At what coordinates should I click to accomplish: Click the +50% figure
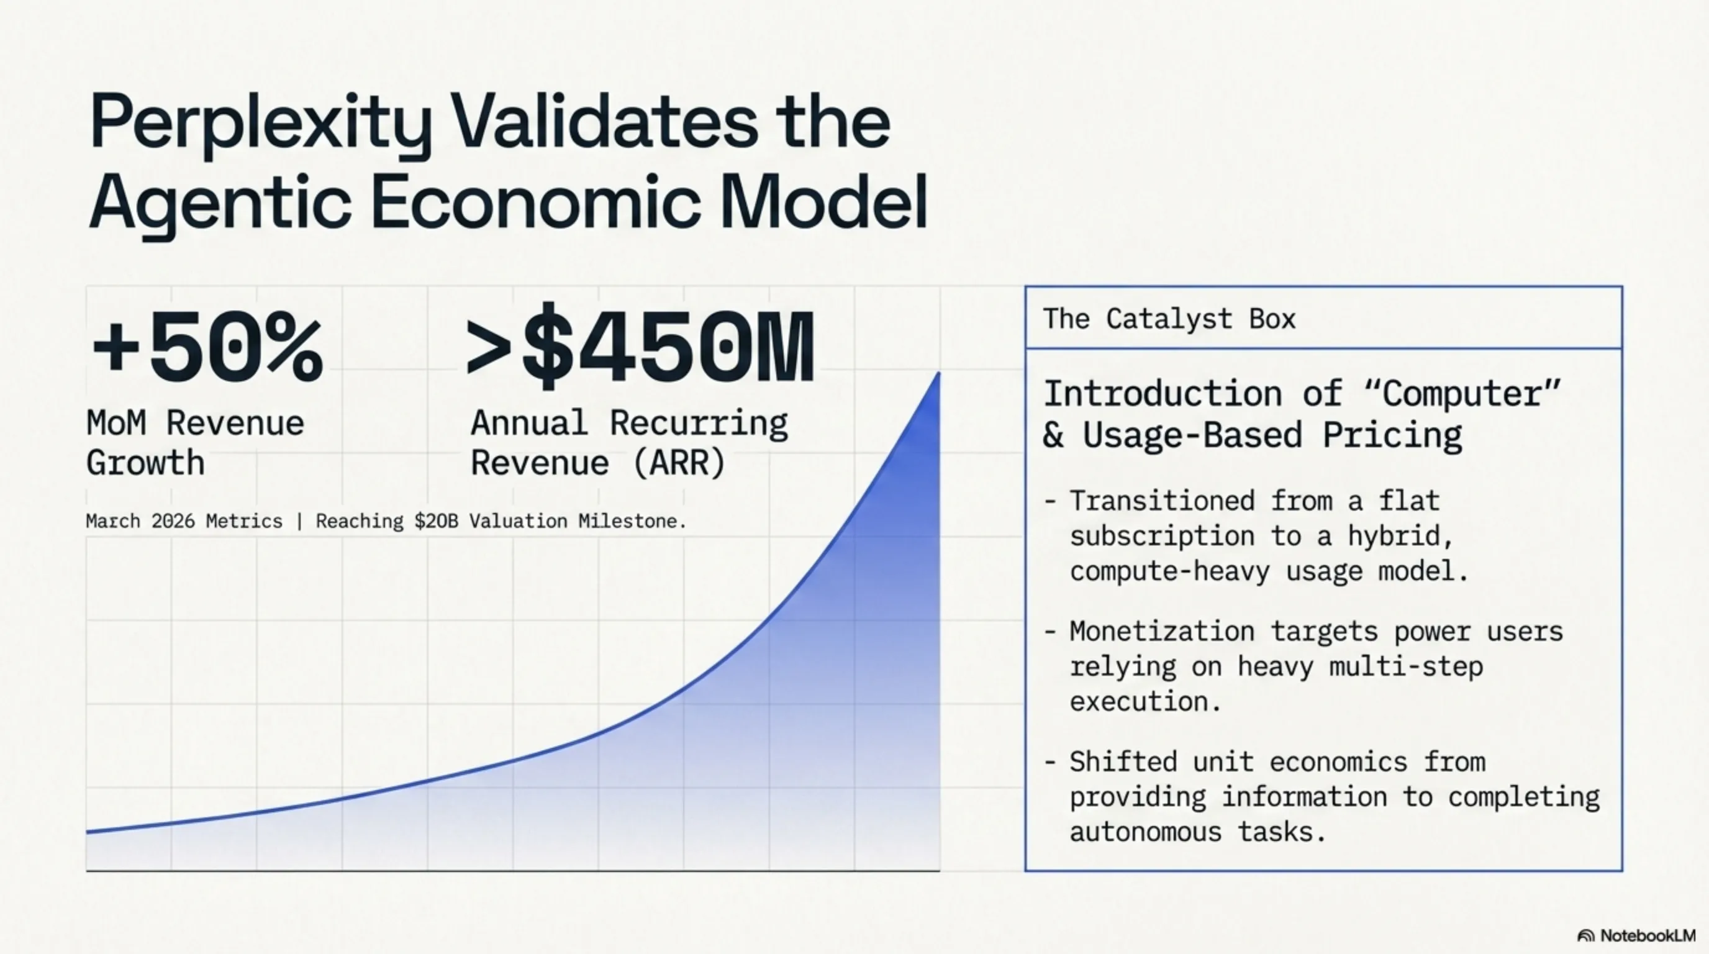(x=207, y=348)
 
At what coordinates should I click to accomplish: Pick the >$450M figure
(x=640, y=347)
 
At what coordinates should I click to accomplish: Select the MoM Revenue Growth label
(x=195, y=442)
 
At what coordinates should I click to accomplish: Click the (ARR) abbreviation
(x=679, y=463)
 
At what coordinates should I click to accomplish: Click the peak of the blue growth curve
(x=939, y=373)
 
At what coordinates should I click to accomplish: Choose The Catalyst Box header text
(x=1169, y=319)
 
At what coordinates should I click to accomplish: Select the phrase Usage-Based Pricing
(x=1272, y=435)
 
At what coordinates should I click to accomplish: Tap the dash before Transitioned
(x=1049, y=501)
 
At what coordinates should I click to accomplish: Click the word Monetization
(x=1162, y=631)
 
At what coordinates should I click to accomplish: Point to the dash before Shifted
(x=1049, y=761)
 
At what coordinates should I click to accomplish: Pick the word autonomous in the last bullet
(x=1146, y=832)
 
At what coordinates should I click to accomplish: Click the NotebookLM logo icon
(x=1585, y=936)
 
